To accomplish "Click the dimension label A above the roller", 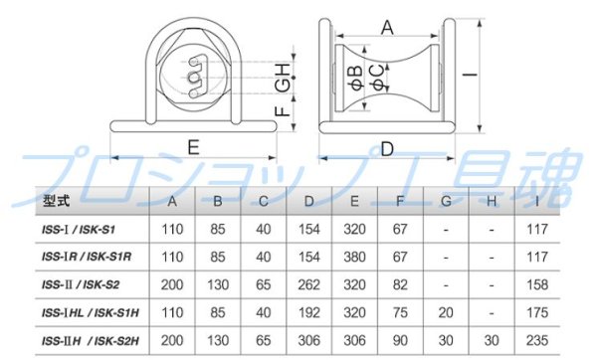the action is [x=387, y=28].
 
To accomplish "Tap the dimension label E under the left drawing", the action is [x=194, y=147].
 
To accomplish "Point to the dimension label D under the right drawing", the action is [x=387, y=149].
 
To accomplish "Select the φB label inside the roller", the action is [x=357, y=78].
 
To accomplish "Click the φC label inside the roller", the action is [x=379, y=78].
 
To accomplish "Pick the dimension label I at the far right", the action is [x=471, y=73].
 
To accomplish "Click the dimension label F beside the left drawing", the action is [x=283, y=111].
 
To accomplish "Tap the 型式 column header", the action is [x=56, y=201].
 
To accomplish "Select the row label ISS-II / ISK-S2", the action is [x=81, y=284].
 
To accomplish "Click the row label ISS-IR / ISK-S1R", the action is [x=87, y=257].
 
